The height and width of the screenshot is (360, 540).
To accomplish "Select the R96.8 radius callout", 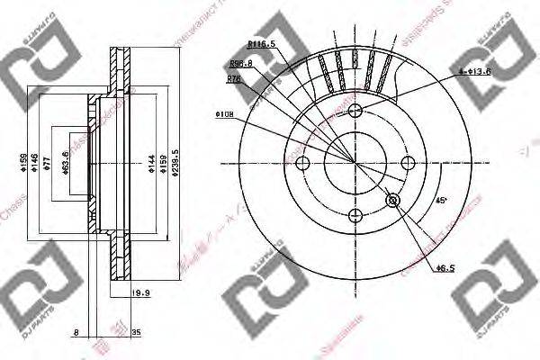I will [240, 64].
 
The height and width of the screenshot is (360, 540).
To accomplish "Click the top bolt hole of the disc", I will [355, 111].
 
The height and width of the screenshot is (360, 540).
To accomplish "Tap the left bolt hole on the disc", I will [303, 163].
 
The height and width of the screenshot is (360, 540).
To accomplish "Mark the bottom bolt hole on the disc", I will [355, 214].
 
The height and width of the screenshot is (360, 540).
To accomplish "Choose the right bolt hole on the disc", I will [407, 163].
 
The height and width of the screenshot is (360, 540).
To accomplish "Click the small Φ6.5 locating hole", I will [391, 200].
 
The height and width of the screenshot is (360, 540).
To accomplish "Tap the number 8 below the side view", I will [78, 332].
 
